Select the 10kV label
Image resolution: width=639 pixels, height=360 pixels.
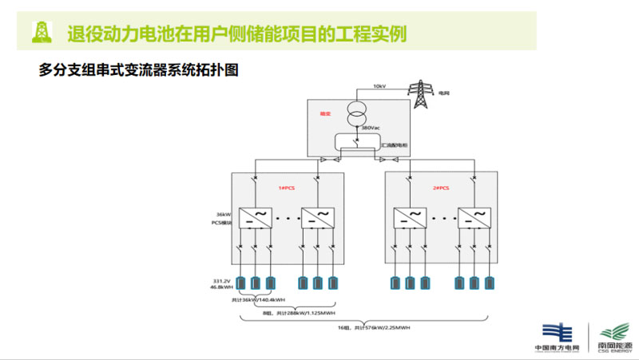379,86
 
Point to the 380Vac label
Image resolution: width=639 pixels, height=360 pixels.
370,128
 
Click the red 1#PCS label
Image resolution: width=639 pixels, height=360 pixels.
287,188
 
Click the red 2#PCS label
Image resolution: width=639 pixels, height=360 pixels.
441,188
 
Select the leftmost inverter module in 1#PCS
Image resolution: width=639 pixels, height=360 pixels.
256,216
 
